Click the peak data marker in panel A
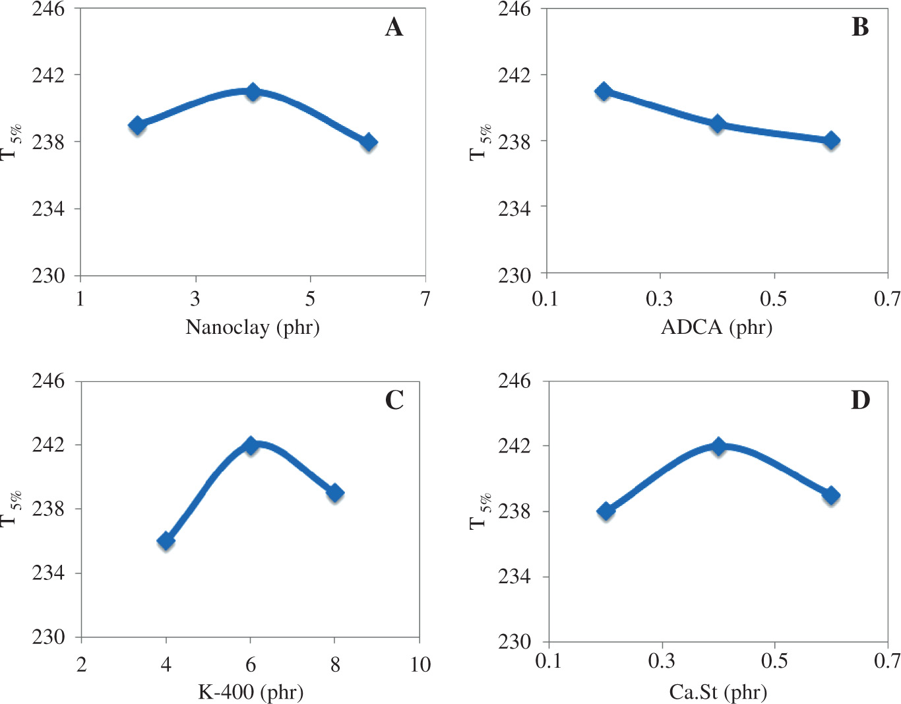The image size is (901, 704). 253,92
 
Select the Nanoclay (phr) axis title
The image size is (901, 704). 253,327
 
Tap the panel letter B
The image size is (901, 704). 859,28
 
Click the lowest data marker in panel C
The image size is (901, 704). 166,541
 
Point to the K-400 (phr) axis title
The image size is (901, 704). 251,692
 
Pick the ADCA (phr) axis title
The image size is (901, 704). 716,327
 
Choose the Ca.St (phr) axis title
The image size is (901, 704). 718,692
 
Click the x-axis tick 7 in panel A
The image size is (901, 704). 425,300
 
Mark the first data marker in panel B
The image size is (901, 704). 604,92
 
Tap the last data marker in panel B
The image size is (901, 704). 831,141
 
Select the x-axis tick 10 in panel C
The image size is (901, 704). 420,664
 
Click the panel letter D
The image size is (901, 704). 860,400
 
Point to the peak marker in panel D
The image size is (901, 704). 718,446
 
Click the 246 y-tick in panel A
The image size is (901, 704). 49,9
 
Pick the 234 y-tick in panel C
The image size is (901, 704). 49,573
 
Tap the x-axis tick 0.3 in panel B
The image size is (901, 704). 660,300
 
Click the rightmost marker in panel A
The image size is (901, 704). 369,142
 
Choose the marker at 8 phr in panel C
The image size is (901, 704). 335,493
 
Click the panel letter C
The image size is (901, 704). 394,400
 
